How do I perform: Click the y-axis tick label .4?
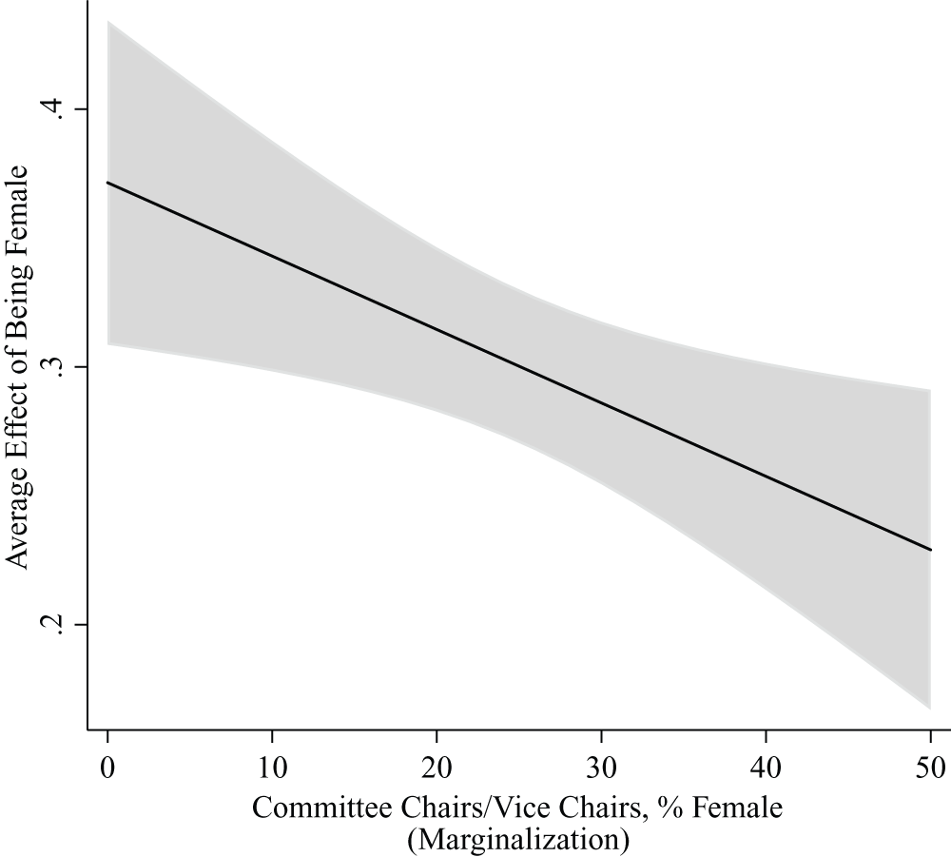pos(59,109)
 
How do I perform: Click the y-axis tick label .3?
pos(59,367)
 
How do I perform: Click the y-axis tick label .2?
pos(59,625)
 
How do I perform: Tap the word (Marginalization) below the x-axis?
pos(517,839)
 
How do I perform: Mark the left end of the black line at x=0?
pos(107,183)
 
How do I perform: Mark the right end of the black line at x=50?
pos(929,550)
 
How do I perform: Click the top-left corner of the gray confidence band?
pos(108,22)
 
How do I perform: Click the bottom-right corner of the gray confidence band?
pos(928,708)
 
